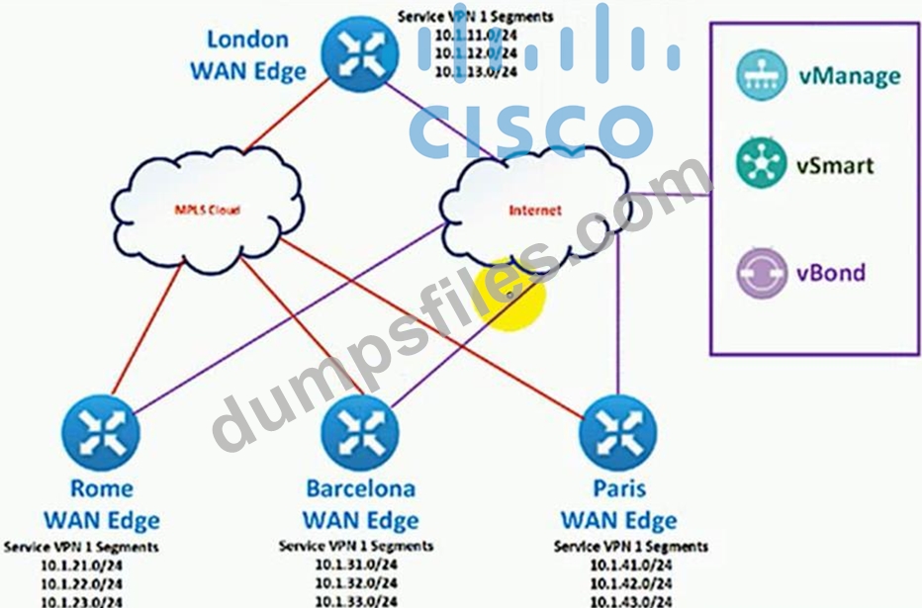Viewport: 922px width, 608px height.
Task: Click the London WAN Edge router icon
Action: tap(357, 56)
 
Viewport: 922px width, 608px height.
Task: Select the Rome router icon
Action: tap(100, 432)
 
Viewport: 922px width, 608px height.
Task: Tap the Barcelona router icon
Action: tap(358, 432)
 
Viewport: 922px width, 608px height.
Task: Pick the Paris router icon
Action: tap(617, 432)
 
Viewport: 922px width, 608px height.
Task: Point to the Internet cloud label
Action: tap(534, 211)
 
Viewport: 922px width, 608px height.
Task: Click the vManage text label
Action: tap(849, 76)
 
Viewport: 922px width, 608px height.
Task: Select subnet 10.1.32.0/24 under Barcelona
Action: tap(356, 582)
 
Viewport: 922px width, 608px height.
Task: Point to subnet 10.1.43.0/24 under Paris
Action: tap(631, 601)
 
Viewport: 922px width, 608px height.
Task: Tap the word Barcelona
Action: tap(360, 488)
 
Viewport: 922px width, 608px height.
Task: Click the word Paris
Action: tap(619, 488)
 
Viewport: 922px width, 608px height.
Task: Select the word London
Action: tap(247, 40)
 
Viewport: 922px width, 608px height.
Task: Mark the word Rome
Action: tap(102, 488)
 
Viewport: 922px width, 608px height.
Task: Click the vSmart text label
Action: tap(836, 165)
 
